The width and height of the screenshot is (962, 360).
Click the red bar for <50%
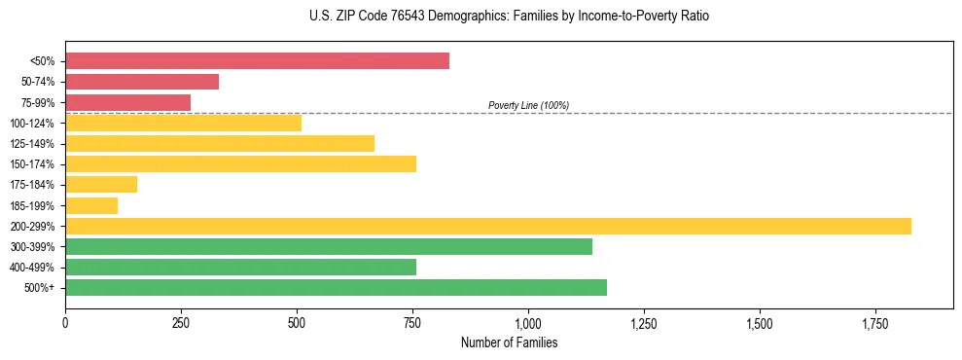[257, 61]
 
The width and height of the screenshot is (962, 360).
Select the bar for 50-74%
[142, 82]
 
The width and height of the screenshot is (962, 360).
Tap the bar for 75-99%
[127, 102]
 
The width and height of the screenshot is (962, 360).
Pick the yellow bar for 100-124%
[183, 123]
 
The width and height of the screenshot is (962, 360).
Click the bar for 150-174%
[240, 163]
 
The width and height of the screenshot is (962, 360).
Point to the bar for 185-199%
[91, 205]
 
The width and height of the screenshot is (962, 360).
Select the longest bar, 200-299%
[487, 226]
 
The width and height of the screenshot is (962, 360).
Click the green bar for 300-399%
[328, 246]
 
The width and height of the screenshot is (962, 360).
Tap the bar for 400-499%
[240, 267]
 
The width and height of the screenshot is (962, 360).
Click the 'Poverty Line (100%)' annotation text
[528, 105]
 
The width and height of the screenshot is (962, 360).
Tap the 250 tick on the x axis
[181, 323]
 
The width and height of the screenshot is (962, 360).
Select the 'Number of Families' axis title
[509, 342]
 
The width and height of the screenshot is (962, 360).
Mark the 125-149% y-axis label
[33, 144]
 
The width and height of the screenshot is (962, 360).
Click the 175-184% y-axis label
[33, 185]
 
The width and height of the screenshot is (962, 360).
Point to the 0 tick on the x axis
[65, 323]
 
